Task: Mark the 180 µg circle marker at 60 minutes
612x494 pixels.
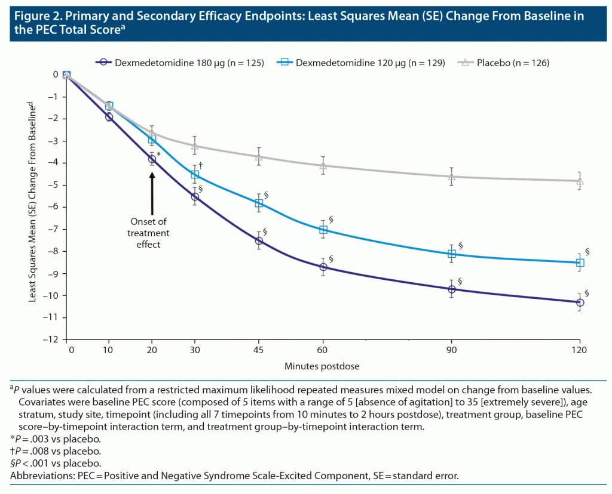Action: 323,267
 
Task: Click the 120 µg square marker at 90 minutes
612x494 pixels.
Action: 451,254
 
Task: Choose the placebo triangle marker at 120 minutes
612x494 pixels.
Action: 579,181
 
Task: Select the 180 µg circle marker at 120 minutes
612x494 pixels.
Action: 579,302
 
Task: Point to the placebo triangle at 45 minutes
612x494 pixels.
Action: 259,156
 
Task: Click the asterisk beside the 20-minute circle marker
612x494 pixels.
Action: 159,155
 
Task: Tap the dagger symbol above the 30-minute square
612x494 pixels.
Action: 201,165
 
